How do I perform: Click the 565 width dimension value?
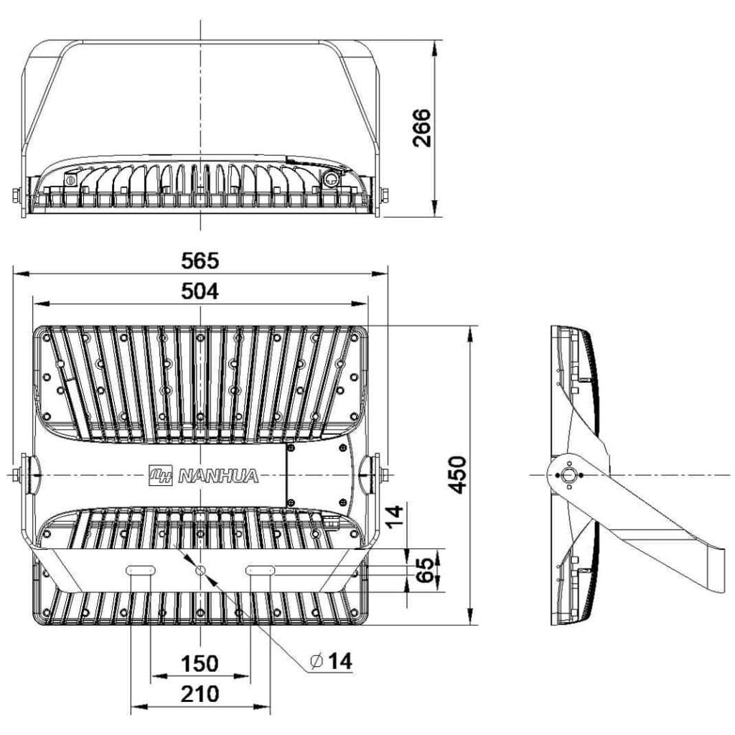pos(200,261)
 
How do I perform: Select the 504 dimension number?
pos(200,291)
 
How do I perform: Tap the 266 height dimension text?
pos(421,128)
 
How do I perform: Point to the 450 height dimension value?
pos(457,474)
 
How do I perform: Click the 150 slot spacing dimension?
pos(200,663)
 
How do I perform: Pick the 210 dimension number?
pos(200,694)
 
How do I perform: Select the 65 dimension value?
pos(425,570)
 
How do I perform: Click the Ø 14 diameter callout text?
pos(331,661)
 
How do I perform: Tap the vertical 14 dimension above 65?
pos(394,516)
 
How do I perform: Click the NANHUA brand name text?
pos(218,477)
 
